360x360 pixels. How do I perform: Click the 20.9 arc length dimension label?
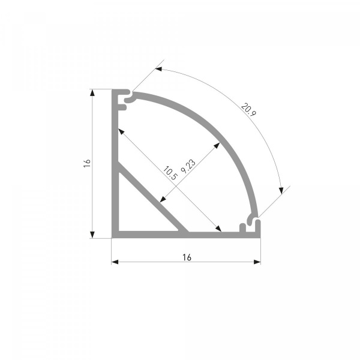click(x=248, y=110)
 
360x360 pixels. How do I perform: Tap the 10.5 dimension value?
click(x=170, y=173)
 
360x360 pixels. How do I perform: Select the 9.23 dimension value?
click(x=188, y=166)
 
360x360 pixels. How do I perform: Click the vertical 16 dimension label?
click(x=87, y=163)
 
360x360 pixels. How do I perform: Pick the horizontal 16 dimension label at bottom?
click(x=187, y=257)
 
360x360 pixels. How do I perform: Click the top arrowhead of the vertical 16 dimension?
click(x=92, y=92)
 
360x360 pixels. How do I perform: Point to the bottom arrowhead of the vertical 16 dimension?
click(x=92, y=235)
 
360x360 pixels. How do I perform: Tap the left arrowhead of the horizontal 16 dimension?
click(x=115, y=262)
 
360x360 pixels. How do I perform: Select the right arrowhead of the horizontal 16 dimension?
click(x=257, y=262)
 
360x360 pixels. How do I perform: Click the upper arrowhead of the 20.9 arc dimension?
click(x=159, y=68)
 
